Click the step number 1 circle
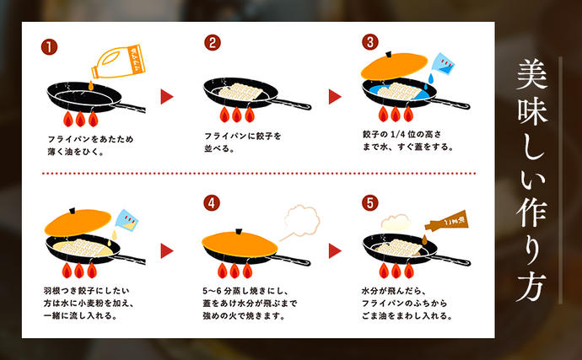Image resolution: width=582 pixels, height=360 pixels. coord(51,46)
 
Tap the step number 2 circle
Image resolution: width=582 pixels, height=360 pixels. coord(213,44)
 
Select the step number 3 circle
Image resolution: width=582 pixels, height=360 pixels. coord(369,43)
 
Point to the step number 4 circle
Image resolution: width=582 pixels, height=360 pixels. coord(212,203)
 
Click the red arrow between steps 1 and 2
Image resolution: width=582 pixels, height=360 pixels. coord(167,95)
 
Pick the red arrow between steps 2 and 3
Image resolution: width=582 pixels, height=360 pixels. coord(334,95)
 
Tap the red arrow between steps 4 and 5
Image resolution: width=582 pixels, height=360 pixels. coord(334,250)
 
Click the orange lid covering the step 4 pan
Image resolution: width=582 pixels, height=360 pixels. coord(241,241)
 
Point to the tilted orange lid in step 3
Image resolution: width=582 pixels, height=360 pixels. coord(395,68)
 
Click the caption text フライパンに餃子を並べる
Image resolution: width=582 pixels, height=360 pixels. coord(240,141)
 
